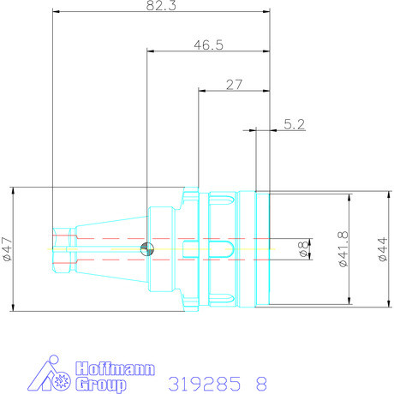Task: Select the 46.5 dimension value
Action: pos(207,45)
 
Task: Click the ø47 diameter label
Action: pos(8,248)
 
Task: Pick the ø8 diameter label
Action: pos(301,249)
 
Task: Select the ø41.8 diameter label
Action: pos(343,249)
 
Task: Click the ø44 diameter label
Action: pos(383,249)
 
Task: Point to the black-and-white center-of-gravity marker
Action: pos(147,249)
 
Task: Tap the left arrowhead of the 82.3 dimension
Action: pos(56,13)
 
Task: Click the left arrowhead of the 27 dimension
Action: pos(201,89)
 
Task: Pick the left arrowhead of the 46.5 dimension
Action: pos(151,51)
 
